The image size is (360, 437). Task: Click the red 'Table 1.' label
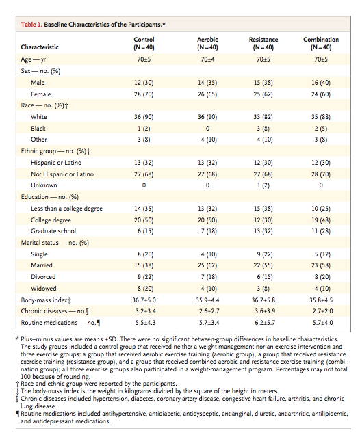click(x=31, y=25)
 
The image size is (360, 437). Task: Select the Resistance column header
click(x=263, y=43)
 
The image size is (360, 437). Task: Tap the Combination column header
click(x=321, y=43)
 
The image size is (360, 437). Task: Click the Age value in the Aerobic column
click(x=207, y=59)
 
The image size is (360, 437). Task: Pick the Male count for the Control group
click(x=144, y=83)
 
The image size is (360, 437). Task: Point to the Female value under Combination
click(x=321, y=94)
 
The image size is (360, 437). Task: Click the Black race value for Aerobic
click(x=207, y=129)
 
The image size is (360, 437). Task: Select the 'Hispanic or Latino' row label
click(x=56, y=163)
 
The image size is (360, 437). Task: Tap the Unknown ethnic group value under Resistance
click(x=263, y=185)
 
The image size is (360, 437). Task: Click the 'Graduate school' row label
click(x=53, y=231)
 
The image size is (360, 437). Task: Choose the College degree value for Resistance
click(x=263, y=220)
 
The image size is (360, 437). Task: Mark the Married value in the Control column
click(x=144, y=265)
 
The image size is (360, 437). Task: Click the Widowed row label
click(x=44, y=289)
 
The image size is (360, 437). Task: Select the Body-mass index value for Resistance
click(x=263, y=300)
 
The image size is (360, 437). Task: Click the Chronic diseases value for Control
click(x=146, y=311)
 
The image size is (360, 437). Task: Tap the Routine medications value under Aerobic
click(x=209, y=323)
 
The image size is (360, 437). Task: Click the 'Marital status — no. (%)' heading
click(x=55, y=243)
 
